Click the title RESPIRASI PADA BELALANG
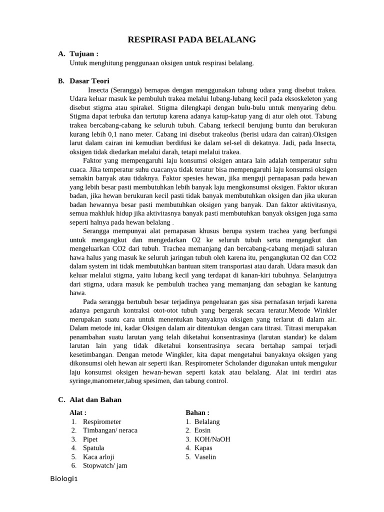tap(192, 39)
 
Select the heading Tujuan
tap(84, 54)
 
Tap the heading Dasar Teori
tap(89, 81)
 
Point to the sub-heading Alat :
tap(78, 412)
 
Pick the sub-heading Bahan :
tap(197, 412)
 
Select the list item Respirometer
tap(102, 421)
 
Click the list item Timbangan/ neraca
tap(110, 430)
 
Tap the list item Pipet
tap(90, 439)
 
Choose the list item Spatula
tap(93, 447)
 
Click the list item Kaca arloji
tap(98, 456)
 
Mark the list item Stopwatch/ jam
tap(105, 465)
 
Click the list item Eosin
tap(202, 430)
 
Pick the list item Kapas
tap(203, 447)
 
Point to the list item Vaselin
tap(205, 456)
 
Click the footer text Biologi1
tap(64, 479)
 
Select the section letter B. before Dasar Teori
tap(61, 81)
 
